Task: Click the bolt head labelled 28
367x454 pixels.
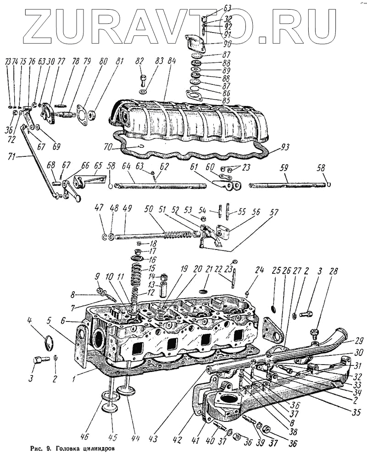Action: click(314, 331)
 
